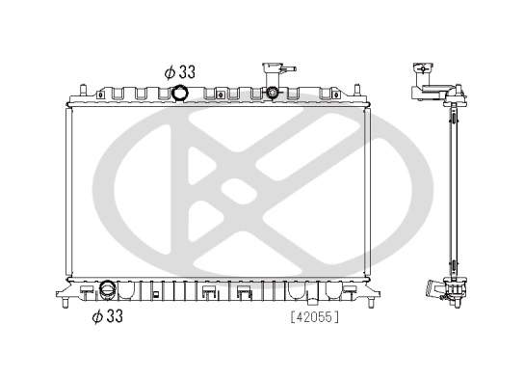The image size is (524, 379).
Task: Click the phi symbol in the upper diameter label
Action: point(170,71)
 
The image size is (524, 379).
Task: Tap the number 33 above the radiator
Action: point(188,71)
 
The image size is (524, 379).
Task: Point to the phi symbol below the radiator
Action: point(97,314)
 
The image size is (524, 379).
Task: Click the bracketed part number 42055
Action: point(313,314)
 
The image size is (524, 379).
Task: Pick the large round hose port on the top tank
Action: point(181,94)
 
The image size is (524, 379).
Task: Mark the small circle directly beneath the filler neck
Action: point(273,93)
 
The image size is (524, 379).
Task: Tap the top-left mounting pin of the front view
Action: point(81,92)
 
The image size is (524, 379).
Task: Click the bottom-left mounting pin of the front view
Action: point(65,306)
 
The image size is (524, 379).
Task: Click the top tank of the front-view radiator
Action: point(217,97)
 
